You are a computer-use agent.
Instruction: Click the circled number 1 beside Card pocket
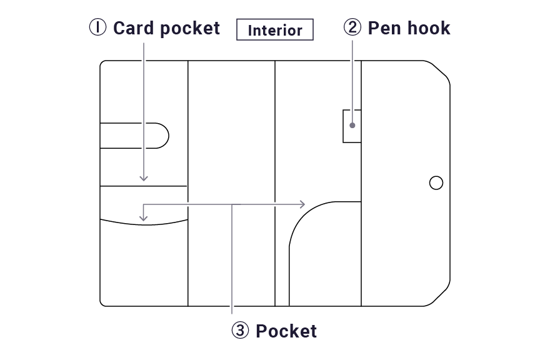click(97, 27)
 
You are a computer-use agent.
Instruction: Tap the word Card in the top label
click(133, 27)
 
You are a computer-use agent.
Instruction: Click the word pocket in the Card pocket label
click(190, 28)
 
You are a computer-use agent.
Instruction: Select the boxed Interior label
click(275, 29)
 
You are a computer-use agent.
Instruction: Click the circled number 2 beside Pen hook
click(352, 27)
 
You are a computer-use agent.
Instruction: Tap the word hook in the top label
click(429, 27)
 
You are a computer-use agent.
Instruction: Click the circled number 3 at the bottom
click(240, 330)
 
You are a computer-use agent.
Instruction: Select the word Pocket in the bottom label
click(286, 331)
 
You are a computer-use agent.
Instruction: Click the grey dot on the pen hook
click(352, 125)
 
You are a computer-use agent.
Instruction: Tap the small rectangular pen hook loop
click(352, 126)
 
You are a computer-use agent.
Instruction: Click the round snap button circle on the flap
click(436, 182)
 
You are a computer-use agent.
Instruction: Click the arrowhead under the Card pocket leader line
click(144, 178)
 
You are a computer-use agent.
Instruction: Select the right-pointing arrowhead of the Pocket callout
click(302, 204)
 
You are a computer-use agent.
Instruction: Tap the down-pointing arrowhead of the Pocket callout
click(143, 218)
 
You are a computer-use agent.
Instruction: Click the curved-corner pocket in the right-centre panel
click(325, 254)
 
